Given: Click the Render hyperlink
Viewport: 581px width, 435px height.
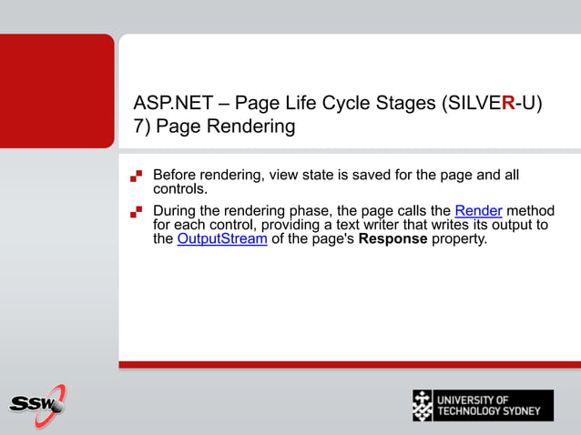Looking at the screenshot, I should [478, 211].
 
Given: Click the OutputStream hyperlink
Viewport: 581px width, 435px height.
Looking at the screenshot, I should [222, 239].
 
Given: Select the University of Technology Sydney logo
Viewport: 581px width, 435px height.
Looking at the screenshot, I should [482, 405].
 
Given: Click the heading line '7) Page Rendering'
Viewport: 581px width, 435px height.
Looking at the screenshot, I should [214, 126].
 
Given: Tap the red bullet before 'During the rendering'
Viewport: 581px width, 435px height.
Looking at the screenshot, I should [137, 212].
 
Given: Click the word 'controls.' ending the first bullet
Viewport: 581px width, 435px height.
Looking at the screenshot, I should [180, 189].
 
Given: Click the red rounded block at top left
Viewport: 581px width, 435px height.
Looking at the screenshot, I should [56, 91].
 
